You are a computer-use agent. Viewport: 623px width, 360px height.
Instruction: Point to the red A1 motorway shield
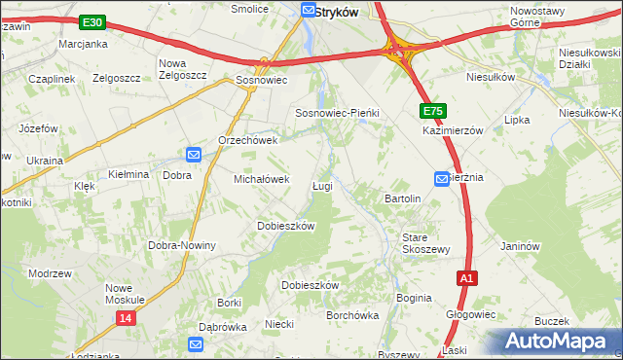click(x=467, y=278)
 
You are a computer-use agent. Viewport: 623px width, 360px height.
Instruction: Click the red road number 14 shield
click(x=125, y=318)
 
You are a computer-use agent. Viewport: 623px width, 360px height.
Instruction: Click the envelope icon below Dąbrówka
click(x=196, y=344)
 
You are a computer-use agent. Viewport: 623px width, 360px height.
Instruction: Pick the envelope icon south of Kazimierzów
click(x=441, y=178)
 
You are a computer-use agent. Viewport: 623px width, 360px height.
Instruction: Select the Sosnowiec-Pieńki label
click(x=337, y=113)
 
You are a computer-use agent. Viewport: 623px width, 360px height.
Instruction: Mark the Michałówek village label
click(x=262, y=179)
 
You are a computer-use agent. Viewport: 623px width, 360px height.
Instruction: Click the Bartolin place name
click(x=403, y=198)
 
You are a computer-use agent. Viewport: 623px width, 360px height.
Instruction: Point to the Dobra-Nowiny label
click(x=181, y=245)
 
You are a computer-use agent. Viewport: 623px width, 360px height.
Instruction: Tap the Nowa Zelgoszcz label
click(x=183, y=69)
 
